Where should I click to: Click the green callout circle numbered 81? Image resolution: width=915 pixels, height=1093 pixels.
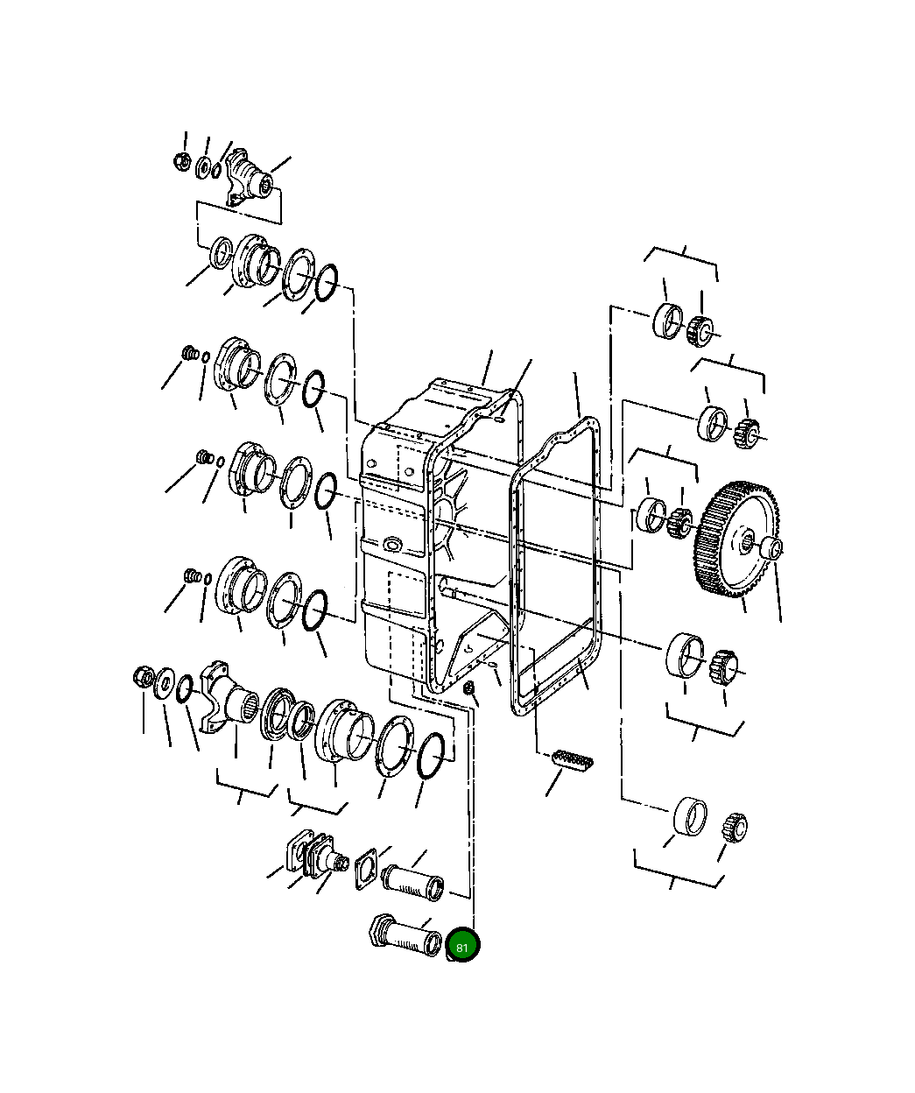coord(462,947)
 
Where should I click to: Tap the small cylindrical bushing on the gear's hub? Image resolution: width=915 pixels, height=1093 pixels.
coord(771,548)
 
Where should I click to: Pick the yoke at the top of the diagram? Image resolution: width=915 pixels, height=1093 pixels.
coord(249,180)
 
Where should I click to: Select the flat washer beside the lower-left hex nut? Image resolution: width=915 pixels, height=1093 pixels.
coord(165,683)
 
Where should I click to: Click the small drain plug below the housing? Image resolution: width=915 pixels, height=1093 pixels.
coord(469,689)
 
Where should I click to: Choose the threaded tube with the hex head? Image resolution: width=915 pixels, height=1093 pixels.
coord(403,936)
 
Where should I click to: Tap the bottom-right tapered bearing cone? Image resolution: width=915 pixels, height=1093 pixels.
coord(735,826)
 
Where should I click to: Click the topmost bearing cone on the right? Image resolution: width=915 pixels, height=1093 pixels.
coord(701,328)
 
